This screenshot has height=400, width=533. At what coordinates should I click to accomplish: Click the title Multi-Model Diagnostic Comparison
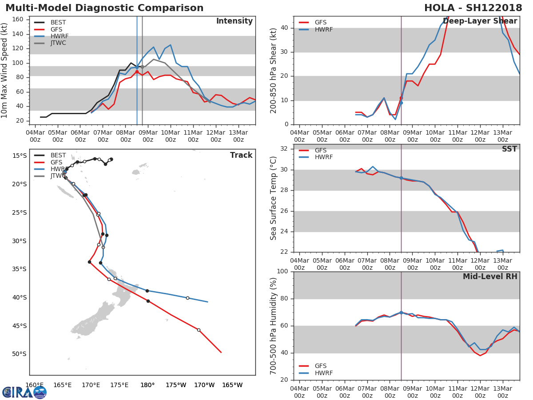[x=104, y=8]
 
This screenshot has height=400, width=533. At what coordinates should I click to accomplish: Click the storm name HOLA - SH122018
[x=473, y=8]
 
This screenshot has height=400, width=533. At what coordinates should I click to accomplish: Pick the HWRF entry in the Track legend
[x=60, y=169]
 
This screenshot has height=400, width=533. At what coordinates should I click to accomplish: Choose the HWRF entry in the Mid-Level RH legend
[x=323, y=373]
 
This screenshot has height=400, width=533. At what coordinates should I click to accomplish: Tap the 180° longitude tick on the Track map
[x=147, y=385]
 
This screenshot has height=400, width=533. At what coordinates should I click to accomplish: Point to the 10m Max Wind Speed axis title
[x=5, y=70]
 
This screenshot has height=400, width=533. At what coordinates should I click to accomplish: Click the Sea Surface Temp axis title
[x=274, y=198]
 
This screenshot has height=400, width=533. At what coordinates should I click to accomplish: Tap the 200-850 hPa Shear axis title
[x=274, y=70]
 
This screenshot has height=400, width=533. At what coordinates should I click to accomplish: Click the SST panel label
[x=509, y=149]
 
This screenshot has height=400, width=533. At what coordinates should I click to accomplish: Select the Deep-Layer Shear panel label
[x=480, y=21]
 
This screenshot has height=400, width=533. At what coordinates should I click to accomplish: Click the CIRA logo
[x=24, y=392]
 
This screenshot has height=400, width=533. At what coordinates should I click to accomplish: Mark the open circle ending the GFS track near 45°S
[x=199, y=330]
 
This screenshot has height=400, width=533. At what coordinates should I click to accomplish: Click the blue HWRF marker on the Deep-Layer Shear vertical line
[x=401, y=103]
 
